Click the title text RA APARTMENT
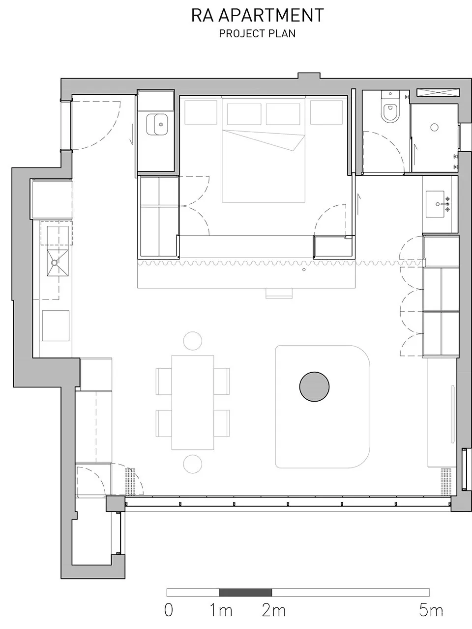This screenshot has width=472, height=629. coord(257,15)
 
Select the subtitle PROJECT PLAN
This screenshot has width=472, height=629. coord(257,33)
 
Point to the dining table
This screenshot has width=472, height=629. coord(193,402)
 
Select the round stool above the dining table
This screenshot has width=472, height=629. coord(193,340)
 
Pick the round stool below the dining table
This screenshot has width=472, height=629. coord(193,464)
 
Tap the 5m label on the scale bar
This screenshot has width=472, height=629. coord(431,610)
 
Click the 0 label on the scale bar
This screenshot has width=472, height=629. coord(169,610)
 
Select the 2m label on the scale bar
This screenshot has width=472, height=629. coord(273,610)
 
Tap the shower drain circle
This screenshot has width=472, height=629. coord(434,127)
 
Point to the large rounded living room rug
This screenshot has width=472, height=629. coord(323,407)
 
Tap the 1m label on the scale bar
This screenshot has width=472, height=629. coord(221,610)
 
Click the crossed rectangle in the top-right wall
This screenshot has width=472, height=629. coord(438,92)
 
